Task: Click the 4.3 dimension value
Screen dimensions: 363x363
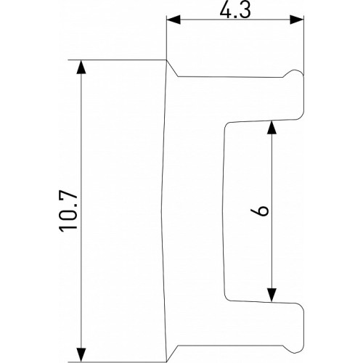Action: click(x=234, y=10)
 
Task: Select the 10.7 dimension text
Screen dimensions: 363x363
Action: click(x=70, y=211)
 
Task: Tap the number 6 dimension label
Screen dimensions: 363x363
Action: click(x=263, y=211)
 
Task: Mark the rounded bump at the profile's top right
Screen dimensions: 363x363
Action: click(x=295, y=74)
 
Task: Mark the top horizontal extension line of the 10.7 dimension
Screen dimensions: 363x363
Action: click(x=116, y=60)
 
